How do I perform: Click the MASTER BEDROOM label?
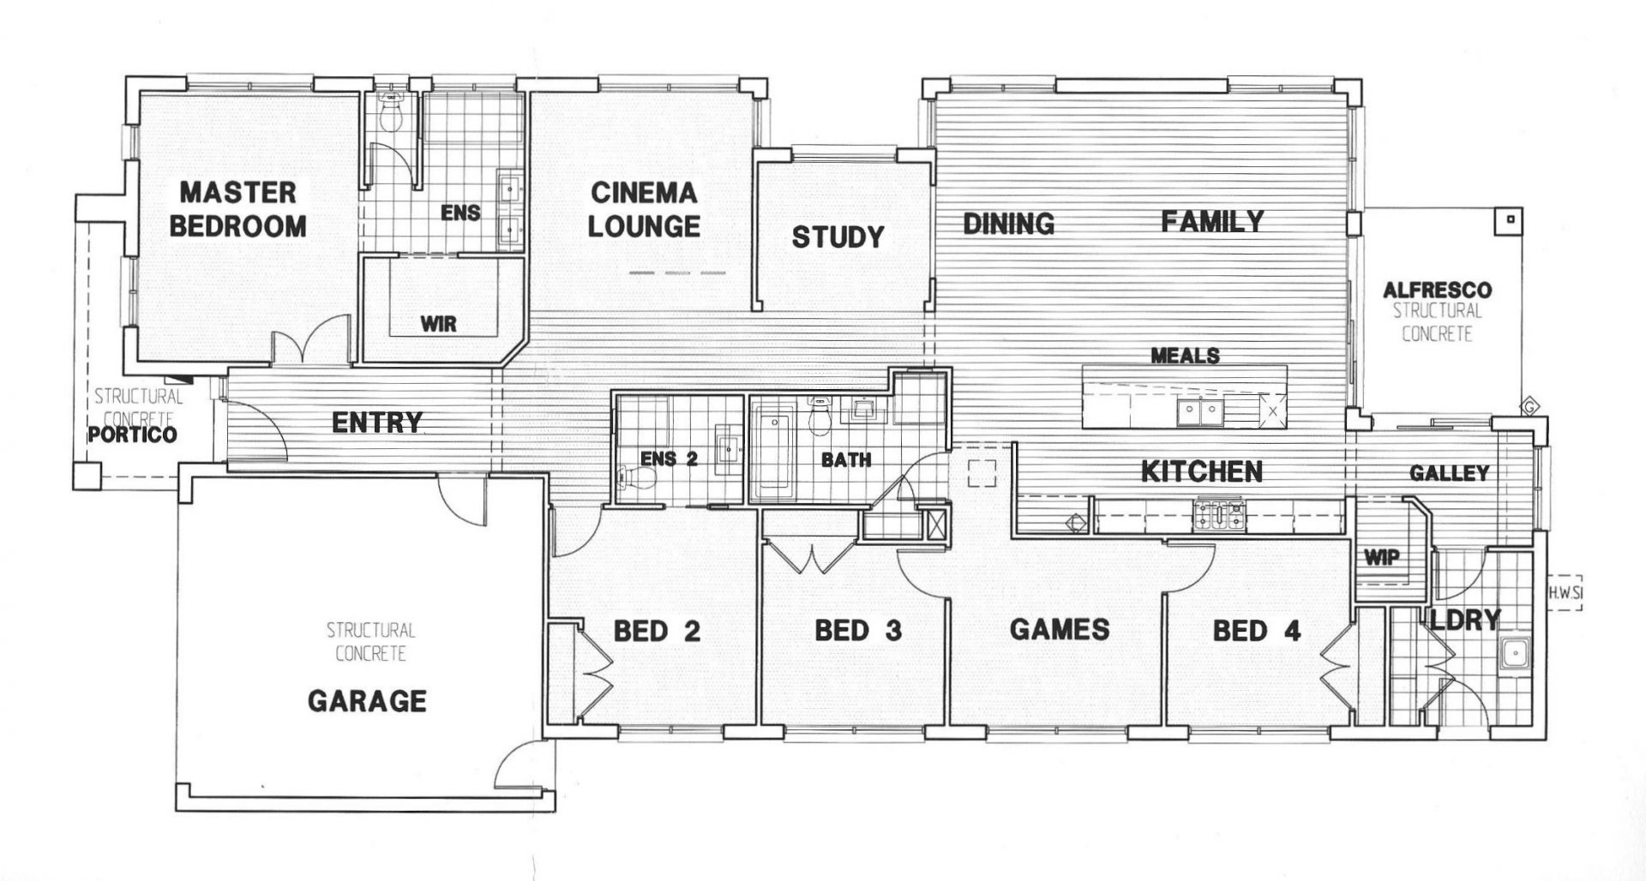pyautogui.click(x=237, y=209)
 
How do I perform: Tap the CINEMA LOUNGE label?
pyautogui.click(x=644, y=209)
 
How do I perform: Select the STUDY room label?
pyautogui.click(x=838, y=237)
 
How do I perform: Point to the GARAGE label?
pyautogui.click(x=367, y=701)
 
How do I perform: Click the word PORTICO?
pyautogui.click(x=133, y=435)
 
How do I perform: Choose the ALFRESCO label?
pyautogui.click(x=1437, y=291)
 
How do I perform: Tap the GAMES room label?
pyautogui.click(x=1060, y=630)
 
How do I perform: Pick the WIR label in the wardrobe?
pyautogui.click(x=438, y=324)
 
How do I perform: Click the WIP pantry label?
pyautogui.click(x=1381, y=558)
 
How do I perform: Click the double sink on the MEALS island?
pyautogui.click(x=1199, y=412)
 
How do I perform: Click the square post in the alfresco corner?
pyautogui.click(x=1510, y=219)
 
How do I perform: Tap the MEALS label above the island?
pyautogui.click(x=1185, y=355)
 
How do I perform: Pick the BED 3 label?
pyautogui.click(x=858, y=631)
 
